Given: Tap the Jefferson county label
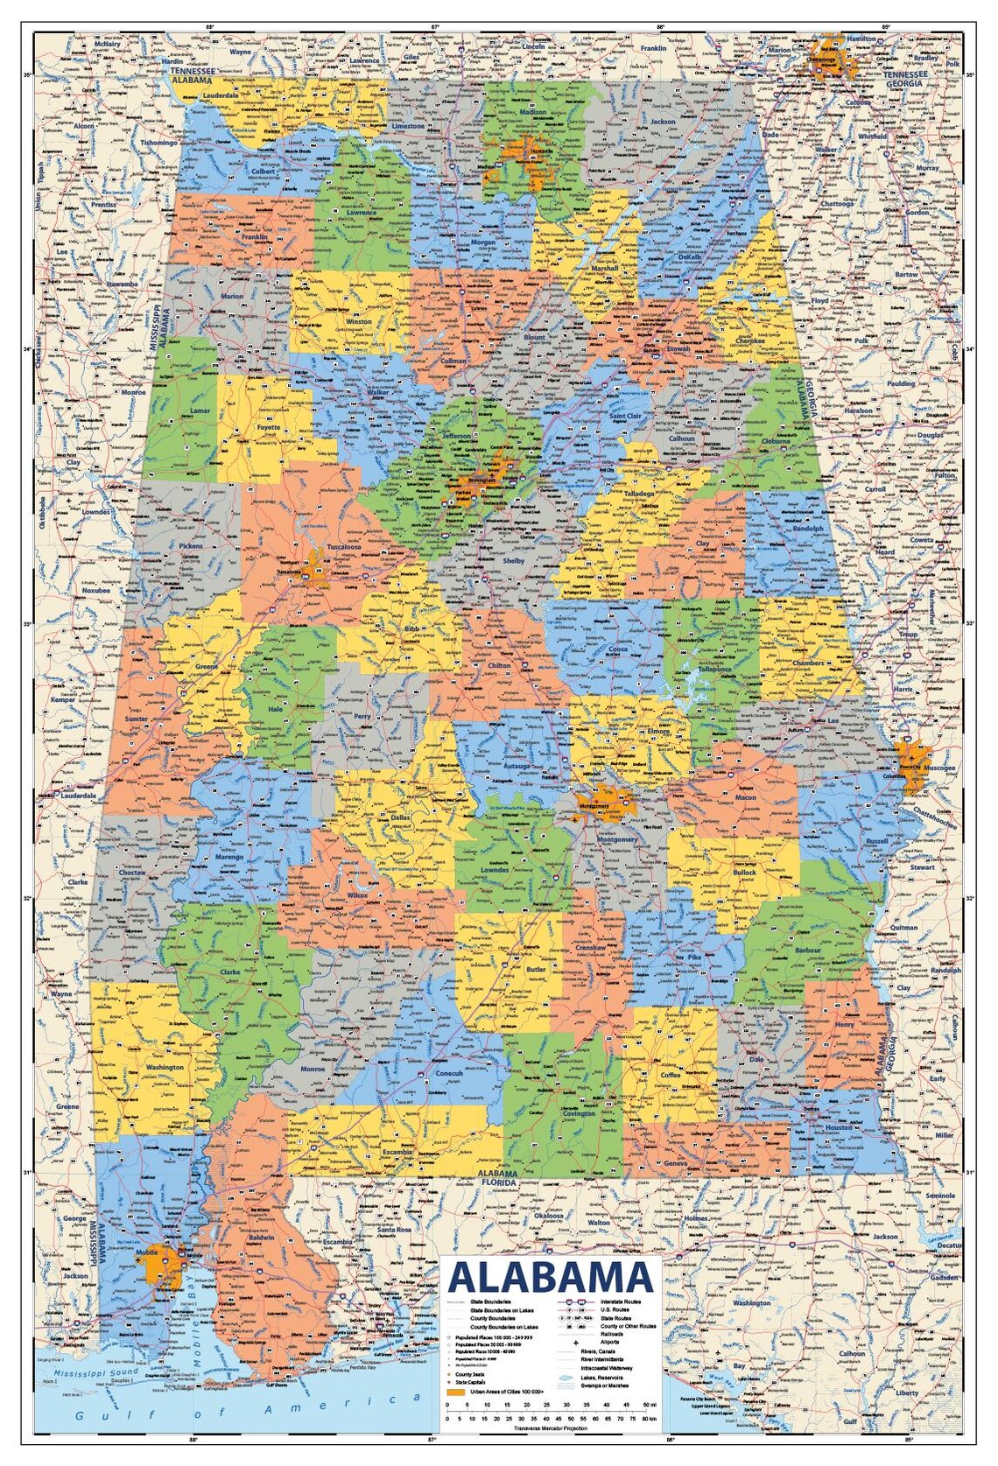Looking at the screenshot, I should pyautogui.click(x=457, y=435).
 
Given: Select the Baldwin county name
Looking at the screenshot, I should pyautogui.click(x=262, y=1238).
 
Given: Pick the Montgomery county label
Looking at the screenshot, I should pyautogui.click(x=617, y=839).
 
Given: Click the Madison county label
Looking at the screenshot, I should pyautogui.click(x=533, y=113).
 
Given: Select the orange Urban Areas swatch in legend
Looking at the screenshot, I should pyautogui.click(x=453, y=1391).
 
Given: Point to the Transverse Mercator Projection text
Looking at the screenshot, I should pyautogui.click(x=552, y=1428).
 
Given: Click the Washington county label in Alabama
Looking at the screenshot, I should pyautogui.click(x=165, y=1067).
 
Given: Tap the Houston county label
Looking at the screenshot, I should pyautogui.click(x=838, y=1127).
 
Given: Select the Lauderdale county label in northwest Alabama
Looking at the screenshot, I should pyautogui.click(x=221, y=95).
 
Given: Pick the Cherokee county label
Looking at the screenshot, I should pyautogui.click(x=744, y=340).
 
